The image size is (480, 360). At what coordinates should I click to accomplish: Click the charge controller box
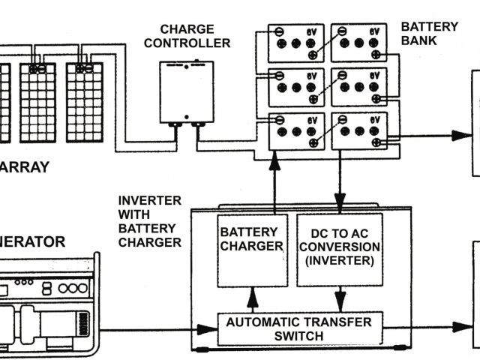(x=186, y=91)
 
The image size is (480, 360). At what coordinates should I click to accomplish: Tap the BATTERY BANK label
(x=429, y=34)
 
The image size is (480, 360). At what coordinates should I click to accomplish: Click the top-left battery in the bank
(x=296, y=43)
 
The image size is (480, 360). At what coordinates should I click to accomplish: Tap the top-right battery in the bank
(x=359, y=43)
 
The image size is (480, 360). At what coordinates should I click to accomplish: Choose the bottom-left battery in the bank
(x=296, y=131)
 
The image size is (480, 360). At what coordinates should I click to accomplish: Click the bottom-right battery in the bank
(x=359, y=131)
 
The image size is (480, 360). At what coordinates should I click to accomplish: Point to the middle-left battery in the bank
(x=296, y=87)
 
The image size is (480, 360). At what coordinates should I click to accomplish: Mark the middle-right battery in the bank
(x=359, y=87)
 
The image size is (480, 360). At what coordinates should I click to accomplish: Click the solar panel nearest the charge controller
(x=84, y=102)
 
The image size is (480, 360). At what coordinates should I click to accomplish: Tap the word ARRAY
(x=25, y=167)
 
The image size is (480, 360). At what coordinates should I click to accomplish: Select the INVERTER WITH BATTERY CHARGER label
(x=149, y=221)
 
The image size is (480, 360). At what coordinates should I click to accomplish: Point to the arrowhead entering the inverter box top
(x=340, y=202)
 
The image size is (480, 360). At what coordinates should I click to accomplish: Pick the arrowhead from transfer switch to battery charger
(x=252, y=304)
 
